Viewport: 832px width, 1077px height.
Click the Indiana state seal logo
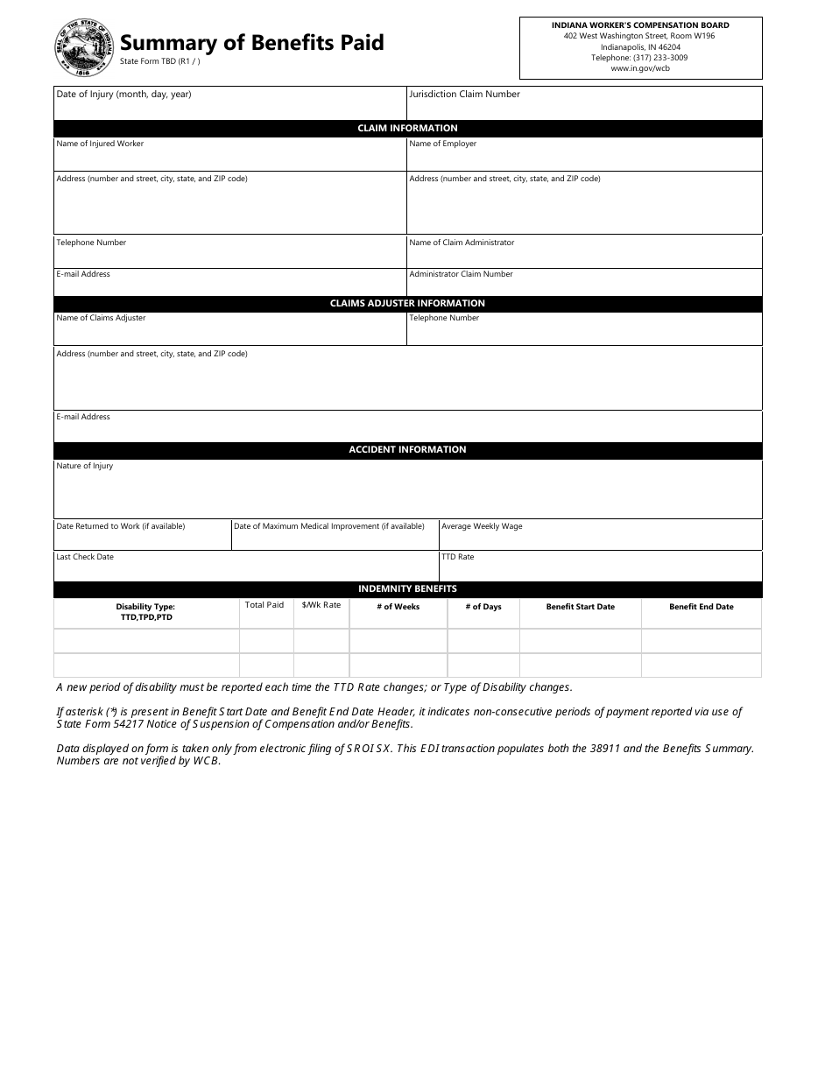tap(84, 48)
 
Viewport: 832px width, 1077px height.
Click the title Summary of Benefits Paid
tap(251, 42)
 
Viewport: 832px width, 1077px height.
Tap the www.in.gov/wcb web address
tap(640, 68)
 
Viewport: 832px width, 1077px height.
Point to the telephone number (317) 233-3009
tap(639, 58)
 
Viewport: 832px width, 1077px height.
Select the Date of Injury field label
tap(123, 95)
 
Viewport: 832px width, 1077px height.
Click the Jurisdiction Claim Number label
tap(464, 95)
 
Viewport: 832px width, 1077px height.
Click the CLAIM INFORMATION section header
tap(407, 129)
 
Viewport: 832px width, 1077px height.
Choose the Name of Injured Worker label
tap(100, 144)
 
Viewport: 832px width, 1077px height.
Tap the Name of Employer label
tap(443, 144)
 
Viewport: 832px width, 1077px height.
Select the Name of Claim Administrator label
tap(462, 243)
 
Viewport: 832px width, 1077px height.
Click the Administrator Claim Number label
tap(461, 274)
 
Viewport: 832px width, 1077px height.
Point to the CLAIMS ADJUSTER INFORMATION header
tap(407, 304)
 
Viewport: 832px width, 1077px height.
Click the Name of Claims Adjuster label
tap(101, 318)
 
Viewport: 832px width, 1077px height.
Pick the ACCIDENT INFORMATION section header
tap(407, 450)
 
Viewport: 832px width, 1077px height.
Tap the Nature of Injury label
tap(85, 466)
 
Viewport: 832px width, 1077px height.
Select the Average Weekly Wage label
tap(482, 526)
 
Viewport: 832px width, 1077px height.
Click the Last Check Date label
tap(85, 557)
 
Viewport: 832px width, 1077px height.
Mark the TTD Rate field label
tap(458, 557)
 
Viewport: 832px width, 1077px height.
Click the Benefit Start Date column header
tap(580, 607)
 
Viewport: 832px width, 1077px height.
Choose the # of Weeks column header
tap(398, 607)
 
